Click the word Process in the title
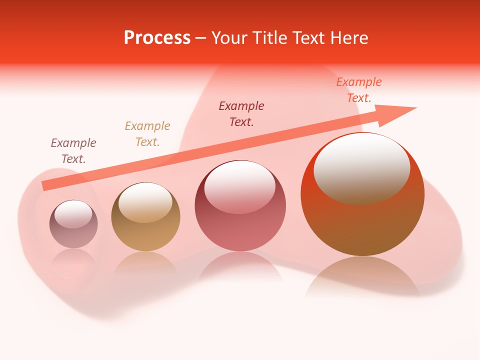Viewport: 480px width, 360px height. click(x=157, y=38)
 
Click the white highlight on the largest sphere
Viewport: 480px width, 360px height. click(x=361, y=167)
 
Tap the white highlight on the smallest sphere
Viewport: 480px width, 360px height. click(x=73, y=214)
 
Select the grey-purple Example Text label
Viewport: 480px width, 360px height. click(x=73, y=151)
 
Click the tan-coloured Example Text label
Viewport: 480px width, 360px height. click(x=147, y=134)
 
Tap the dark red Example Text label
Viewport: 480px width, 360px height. click(x=241, y=114)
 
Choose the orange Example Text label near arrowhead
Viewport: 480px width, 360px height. click(x=358, y=90)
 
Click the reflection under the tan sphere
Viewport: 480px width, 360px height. click(x=145, y=262)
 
